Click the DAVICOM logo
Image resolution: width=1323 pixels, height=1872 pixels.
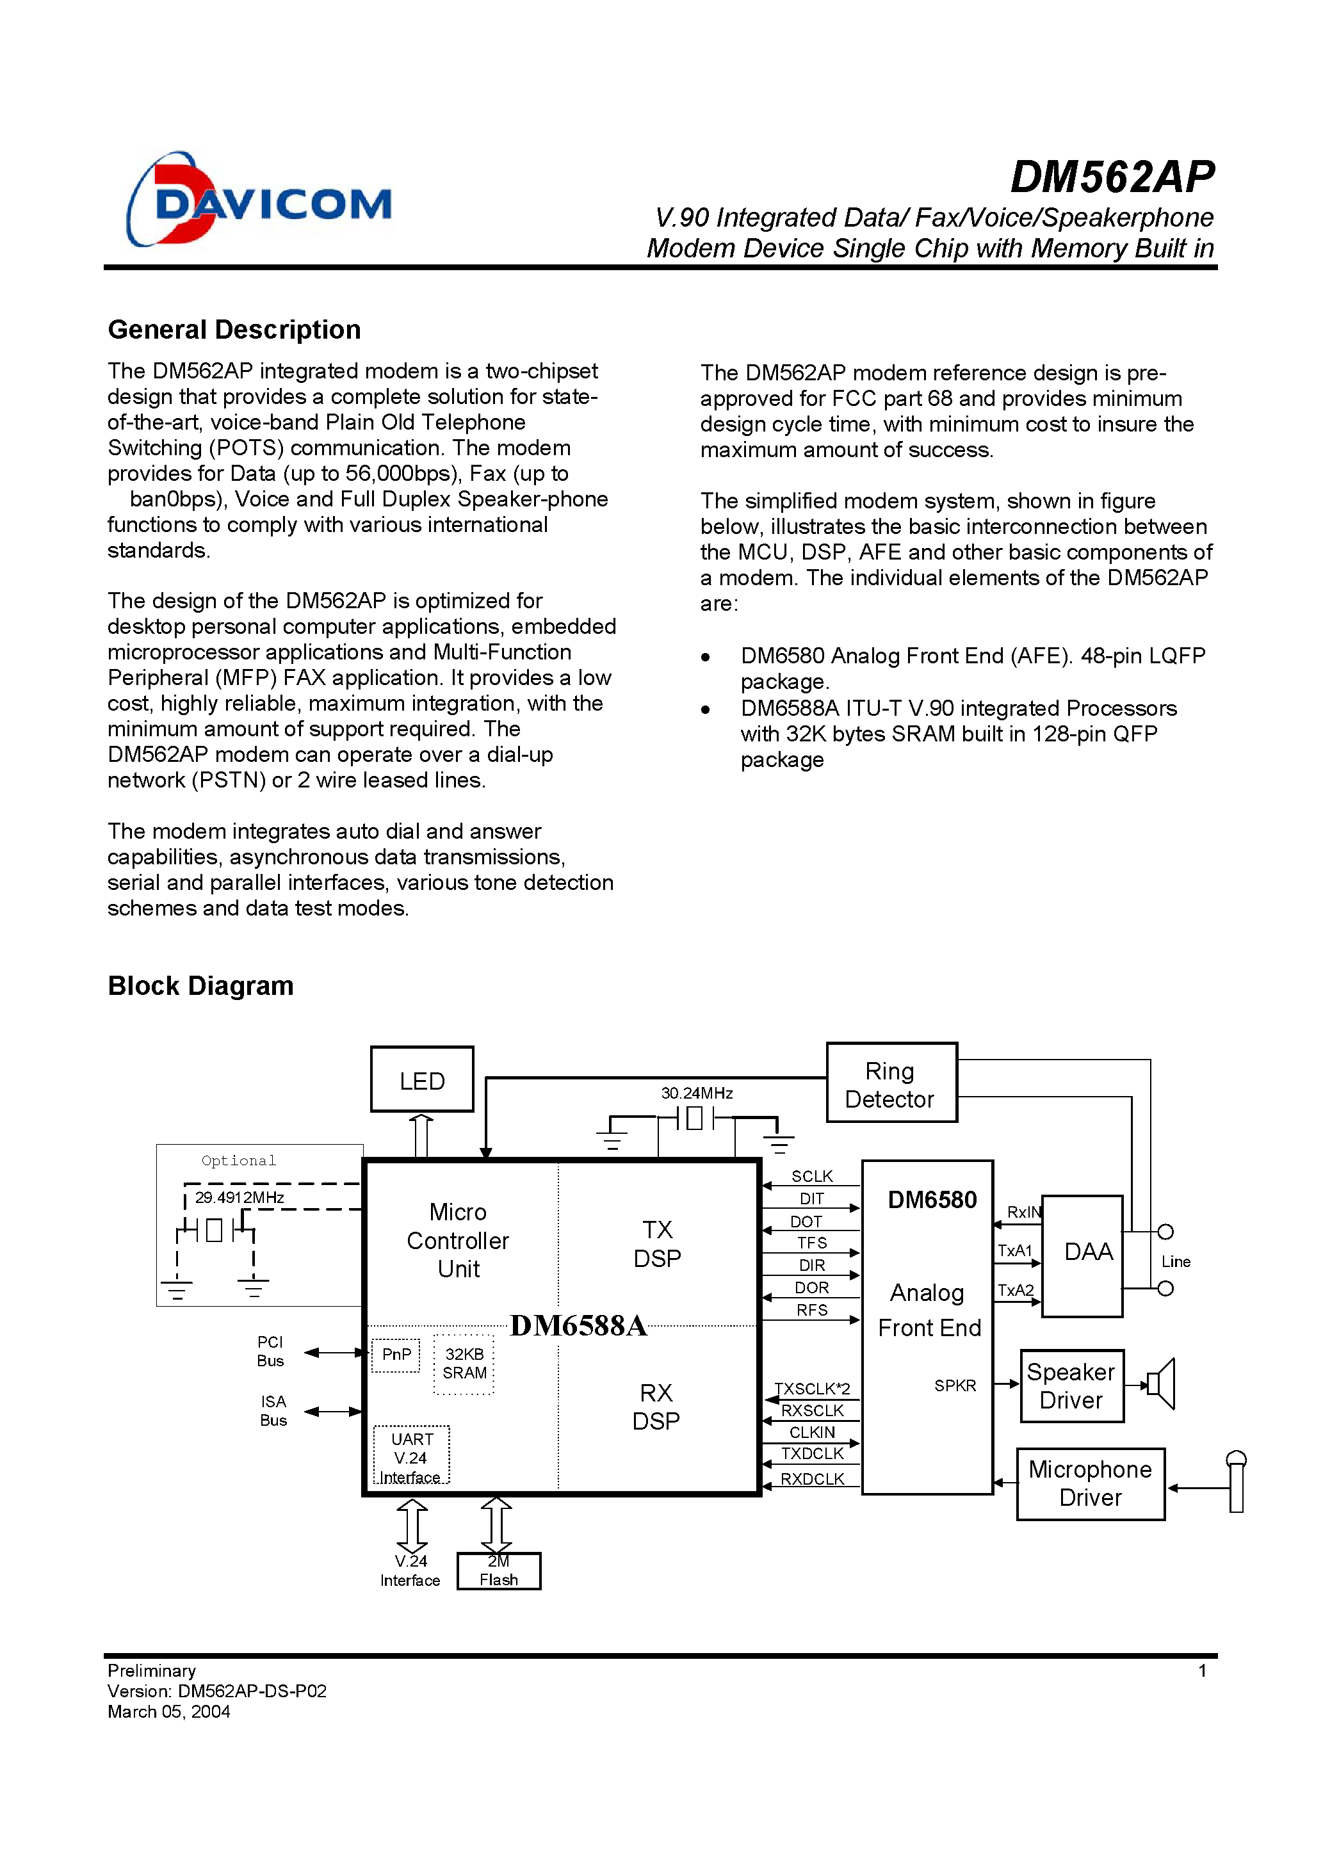(x=259, y=200)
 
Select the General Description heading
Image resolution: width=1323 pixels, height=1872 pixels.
(x=234, y=330)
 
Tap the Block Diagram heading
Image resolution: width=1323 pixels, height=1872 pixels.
(x=200, y=986)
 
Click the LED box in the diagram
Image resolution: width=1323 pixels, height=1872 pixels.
(x=422, y=1079)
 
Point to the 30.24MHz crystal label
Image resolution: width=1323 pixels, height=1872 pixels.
(x=697, y=1093)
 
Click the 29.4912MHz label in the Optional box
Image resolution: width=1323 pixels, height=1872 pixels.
(x=239, y=1198)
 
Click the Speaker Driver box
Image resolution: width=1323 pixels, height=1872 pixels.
(x=1071, y=1386)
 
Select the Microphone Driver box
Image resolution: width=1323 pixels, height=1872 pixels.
(x=1090, y=1483)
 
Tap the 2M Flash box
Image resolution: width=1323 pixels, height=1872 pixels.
(x=498, y=1570)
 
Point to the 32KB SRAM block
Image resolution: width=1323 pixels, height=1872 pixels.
(x=464, y=1363)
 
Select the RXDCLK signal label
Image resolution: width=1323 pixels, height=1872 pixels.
(x=811, y=1479)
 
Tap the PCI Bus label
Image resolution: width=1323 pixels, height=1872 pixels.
(x=270, y=1351)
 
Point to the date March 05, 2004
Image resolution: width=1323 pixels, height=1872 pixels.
(x=169, y=1711)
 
